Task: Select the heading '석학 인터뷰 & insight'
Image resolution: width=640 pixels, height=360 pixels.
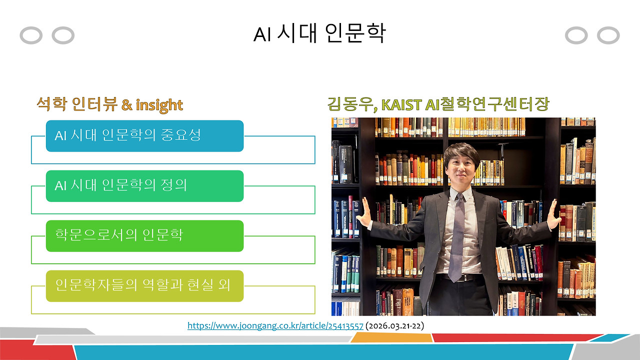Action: point(109,104)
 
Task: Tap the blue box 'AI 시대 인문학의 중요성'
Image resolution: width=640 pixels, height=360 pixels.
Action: point(144,135)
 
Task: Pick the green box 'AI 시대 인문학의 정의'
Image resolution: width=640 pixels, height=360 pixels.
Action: point(144,185)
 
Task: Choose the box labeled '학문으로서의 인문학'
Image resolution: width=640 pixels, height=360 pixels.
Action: point(144,235)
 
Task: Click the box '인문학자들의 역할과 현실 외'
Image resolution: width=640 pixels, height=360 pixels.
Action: point(144,285)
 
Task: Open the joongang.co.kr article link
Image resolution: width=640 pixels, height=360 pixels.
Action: point(275,326)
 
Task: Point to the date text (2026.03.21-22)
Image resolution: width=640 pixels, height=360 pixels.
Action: point(395,326)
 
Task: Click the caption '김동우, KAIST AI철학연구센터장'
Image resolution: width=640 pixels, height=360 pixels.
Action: point(438,104)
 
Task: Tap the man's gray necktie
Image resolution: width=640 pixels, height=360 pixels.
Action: point(456,235)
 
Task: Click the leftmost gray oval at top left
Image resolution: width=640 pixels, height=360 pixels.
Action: point(31,35)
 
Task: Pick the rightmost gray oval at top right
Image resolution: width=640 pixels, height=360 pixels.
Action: point(608,35)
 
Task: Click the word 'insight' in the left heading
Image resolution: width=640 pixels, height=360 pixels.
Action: point(159,104)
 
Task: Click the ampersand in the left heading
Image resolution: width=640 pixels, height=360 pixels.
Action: point(127,104)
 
